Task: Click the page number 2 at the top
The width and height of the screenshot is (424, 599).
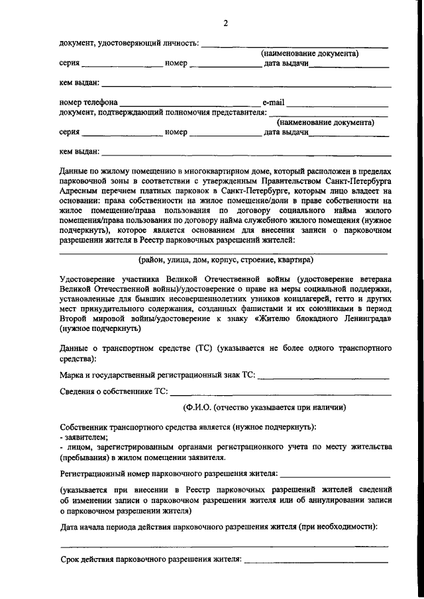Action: [x=225, y=24]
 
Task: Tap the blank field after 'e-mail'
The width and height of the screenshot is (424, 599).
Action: [x=337, y=104]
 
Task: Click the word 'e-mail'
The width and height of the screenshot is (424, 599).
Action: [x=274, y=103]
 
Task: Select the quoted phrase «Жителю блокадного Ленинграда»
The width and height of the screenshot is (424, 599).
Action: [x=321, y=319]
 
